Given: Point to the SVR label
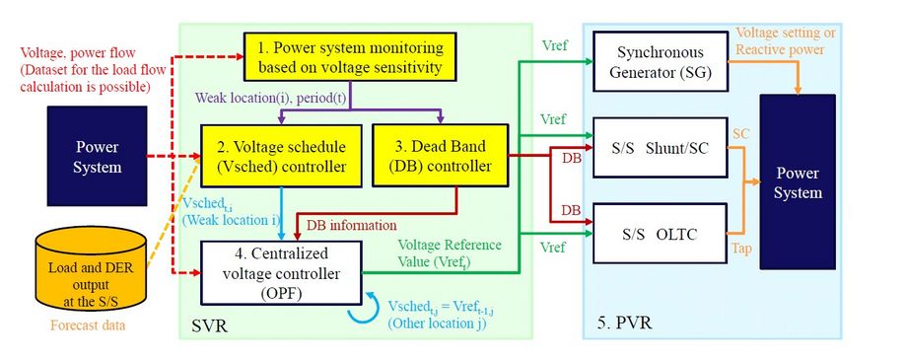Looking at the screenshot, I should [x=209, y=323].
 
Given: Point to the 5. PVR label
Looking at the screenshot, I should [x=625, y=323].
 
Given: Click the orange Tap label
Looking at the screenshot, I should [x=742, y=251].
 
